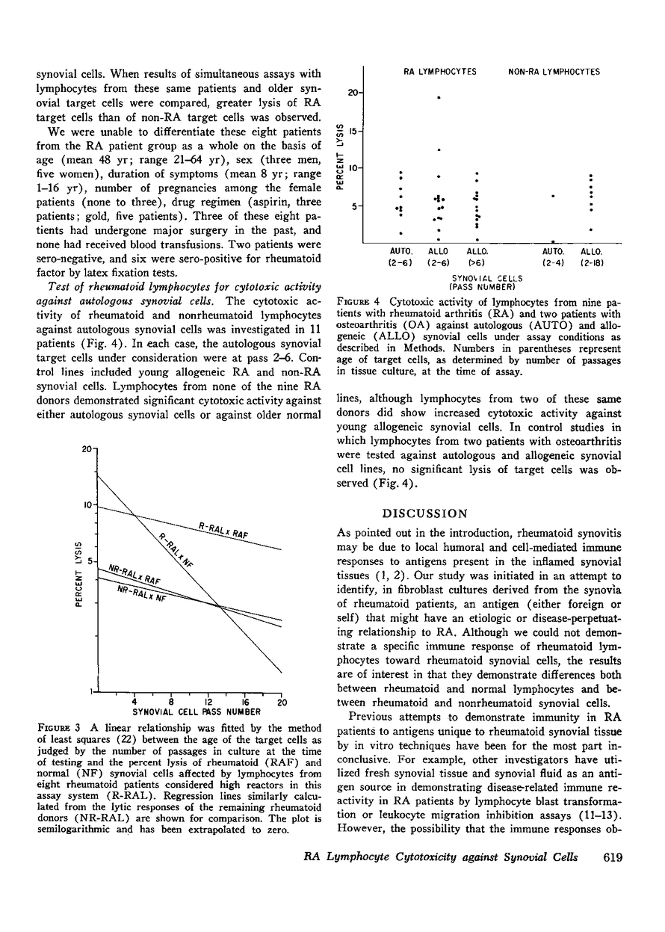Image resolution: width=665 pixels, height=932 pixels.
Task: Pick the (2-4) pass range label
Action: pos(553,264)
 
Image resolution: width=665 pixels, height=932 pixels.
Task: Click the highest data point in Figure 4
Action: pos(439,98)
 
